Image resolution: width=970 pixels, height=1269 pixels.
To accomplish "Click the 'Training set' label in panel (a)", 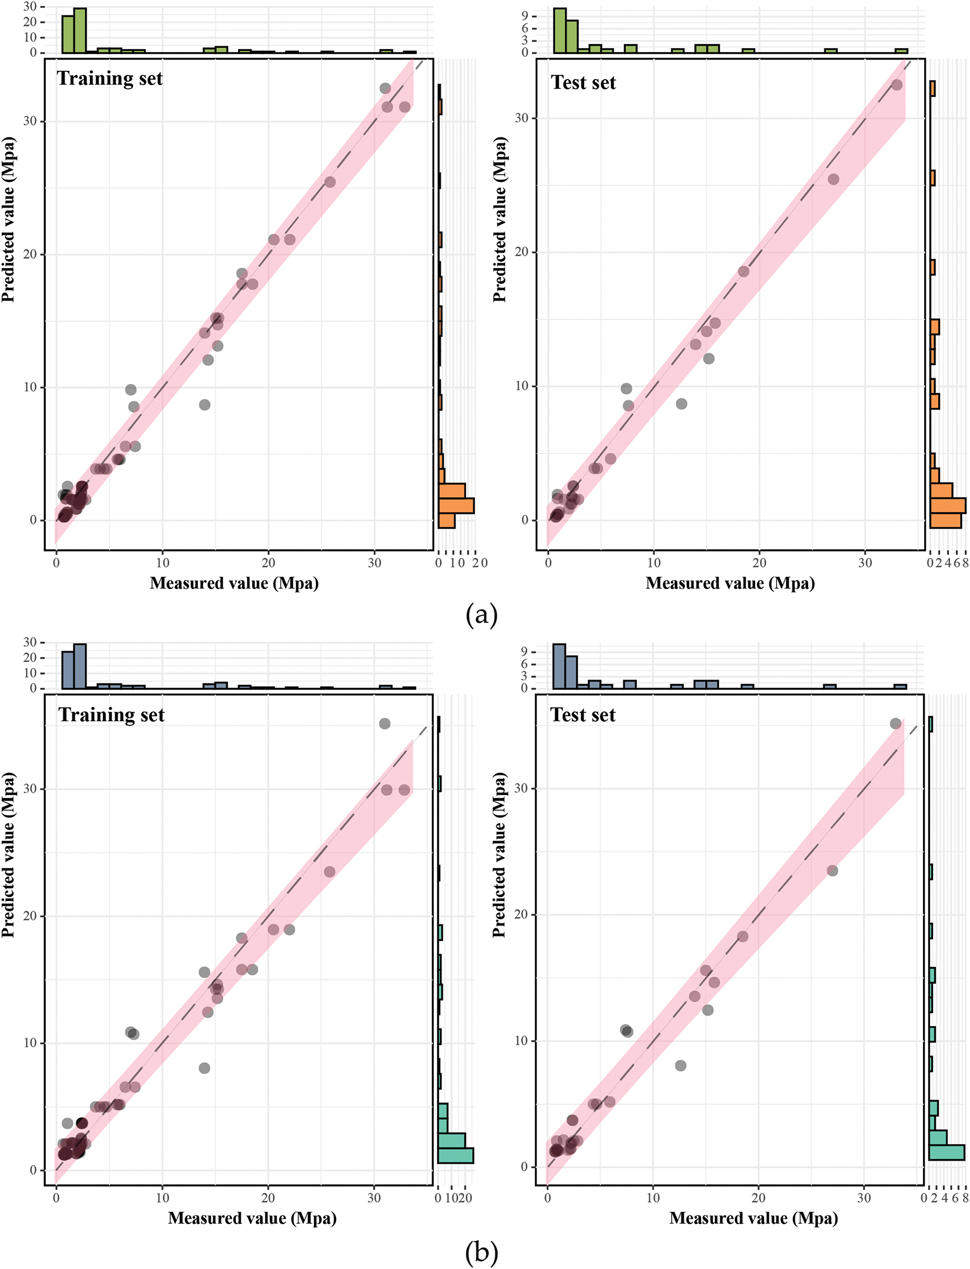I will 109,79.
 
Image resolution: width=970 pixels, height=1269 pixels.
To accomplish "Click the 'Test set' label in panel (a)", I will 583,82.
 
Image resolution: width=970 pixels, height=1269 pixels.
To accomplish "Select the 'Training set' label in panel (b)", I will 112,715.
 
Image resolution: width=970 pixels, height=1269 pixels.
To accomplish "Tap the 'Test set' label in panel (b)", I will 583,715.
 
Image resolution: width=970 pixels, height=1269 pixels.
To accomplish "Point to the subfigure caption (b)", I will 481,1252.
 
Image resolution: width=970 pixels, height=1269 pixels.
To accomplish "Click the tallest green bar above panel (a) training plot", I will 80,30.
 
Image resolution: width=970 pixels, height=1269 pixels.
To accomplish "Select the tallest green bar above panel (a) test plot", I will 559,30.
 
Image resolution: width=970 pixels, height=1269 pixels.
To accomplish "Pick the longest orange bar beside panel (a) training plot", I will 456,505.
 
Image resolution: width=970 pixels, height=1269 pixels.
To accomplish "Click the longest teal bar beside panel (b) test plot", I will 946,1152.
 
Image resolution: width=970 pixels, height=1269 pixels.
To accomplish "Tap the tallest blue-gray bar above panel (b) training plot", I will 80,666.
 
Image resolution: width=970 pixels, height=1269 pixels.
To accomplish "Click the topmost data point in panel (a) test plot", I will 896,85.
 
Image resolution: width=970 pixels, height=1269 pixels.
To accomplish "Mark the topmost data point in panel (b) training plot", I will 385,724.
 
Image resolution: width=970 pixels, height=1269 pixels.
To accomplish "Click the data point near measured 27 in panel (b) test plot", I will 832,870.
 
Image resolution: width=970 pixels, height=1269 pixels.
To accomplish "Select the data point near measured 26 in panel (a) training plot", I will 329,182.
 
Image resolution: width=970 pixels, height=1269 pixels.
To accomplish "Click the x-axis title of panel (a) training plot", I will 234,583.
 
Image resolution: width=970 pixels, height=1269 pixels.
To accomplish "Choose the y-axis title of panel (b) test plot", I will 499,855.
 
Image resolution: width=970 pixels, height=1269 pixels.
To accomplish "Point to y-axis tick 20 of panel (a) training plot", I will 30,254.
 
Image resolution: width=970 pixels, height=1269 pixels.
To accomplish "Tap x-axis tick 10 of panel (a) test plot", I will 654,562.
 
